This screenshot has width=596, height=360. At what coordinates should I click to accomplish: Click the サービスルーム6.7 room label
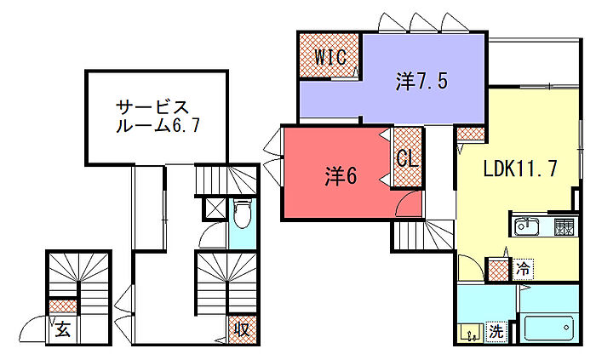tap(158, 117)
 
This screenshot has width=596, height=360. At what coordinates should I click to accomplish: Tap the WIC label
tap(329, 58)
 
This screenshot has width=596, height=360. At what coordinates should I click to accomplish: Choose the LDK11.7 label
tap(520, 168)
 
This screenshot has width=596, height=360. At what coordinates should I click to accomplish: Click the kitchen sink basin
tap(525, 226)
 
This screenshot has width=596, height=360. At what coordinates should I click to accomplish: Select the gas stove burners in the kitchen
tap(563, 226)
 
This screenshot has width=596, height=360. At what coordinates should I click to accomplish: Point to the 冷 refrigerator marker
tap(524, 269)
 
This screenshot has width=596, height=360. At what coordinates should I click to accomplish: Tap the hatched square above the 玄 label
tap(62, 305)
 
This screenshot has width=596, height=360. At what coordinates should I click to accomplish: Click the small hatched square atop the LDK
tap(469, 134)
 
